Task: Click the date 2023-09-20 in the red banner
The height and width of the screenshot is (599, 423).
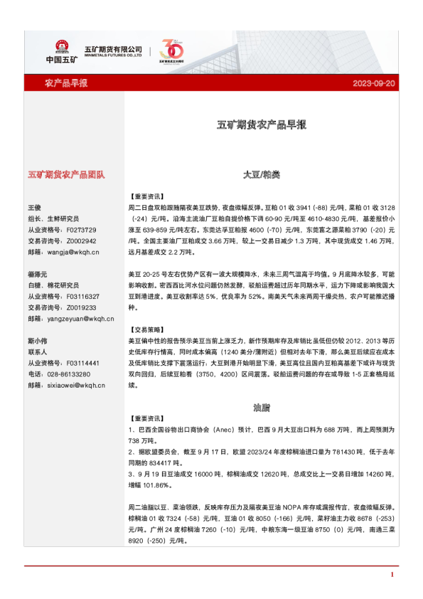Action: (x=373, y=83)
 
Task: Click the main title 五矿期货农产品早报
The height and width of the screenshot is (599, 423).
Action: (x=261, y=124)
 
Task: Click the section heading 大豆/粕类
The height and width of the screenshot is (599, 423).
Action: (x=261, y=174)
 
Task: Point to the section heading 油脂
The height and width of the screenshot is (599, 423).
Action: (x=261, y=408)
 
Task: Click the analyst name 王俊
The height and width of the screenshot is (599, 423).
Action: (x=34, y=208)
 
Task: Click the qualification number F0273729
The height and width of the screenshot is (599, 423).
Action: (x=80, y=230)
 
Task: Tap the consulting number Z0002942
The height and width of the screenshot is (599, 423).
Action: (x=80, y=241)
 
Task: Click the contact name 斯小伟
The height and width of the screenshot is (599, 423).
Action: (x=37, y=341)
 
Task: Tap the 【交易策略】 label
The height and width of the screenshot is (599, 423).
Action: (x=147, y=330)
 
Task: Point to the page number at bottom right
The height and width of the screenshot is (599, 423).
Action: (x=392, y=574)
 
